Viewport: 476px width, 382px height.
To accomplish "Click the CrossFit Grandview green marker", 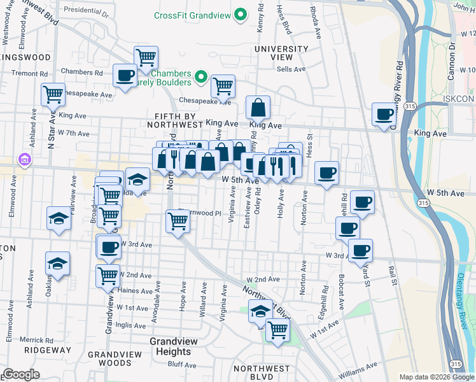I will (241, 14).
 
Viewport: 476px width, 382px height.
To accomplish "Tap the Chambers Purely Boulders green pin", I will (200, 77).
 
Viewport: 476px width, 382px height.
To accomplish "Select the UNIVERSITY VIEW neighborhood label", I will (281, 53).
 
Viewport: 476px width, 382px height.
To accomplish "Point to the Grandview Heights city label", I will (170, 346).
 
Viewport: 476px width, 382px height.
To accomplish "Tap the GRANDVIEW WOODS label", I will (118, 358).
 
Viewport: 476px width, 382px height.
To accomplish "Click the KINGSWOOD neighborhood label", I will (25, 57).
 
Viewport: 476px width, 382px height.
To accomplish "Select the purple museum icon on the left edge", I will (24, 159).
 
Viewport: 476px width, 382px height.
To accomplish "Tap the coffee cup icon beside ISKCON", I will (384, 115).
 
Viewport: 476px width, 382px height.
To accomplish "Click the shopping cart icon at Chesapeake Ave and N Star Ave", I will (53, 94).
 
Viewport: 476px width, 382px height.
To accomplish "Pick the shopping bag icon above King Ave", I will (258, 108).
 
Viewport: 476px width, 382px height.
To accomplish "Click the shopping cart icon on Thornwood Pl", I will (178, 222).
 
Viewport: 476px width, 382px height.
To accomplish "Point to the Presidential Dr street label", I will (87, 10).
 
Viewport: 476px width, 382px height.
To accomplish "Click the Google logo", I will (21, 374).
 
